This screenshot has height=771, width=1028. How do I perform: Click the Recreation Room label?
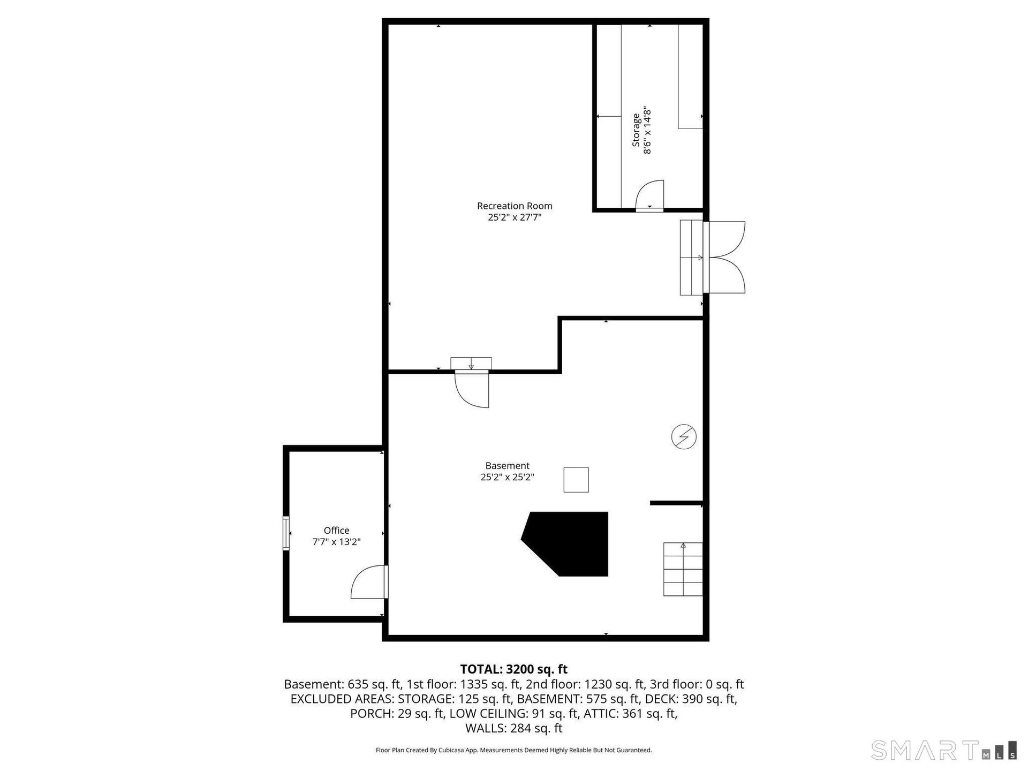point(515,206)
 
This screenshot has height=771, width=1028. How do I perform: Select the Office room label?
point(336,530)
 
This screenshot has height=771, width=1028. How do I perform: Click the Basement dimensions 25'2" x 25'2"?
point(507,477)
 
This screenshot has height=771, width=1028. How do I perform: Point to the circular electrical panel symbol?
point(684,437)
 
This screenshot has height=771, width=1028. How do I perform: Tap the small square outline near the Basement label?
point(576,480)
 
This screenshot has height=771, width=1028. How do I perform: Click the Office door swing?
point(369,582)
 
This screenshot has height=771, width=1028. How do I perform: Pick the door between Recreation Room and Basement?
point(472,389)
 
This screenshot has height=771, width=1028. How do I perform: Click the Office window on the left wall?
point(286,533)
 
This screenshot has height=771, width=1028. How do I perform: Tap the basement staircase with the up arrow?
point(683,569)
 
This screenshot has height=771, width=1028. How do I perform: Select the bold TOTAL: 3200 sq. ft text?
point(514,669)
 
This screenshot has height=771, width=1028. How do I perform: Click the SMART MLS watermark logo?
point(943,750)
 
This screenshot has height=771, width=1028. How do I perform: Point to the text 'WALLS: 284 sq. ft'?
point(514,728)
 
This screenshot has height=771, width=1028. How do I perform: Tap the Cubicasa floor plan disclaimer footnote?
point(514,750)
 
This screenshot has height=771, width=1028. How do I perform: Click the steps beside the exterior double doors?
point(691,258)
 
